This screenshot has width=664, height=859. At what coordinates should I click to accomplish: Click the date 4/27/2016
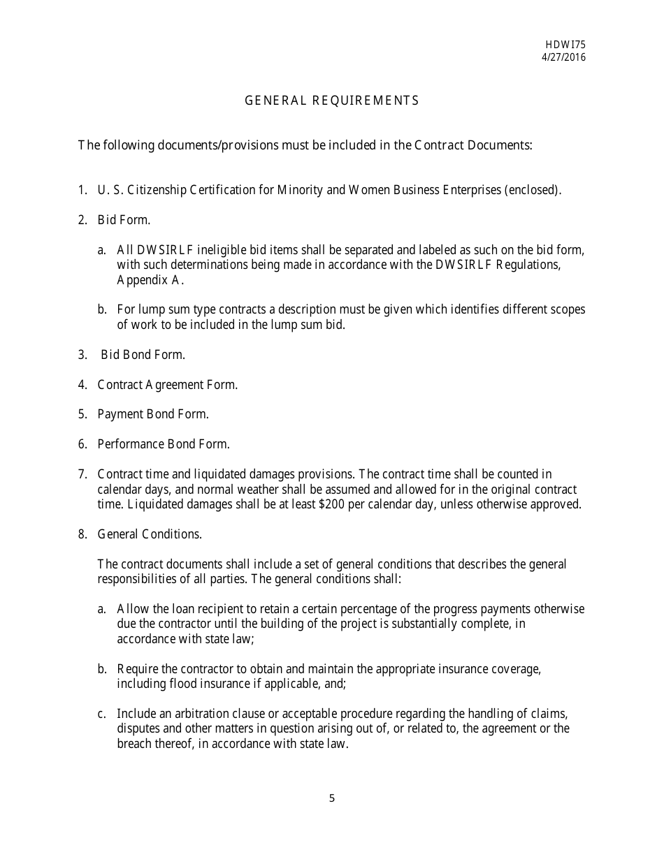coord(563,57)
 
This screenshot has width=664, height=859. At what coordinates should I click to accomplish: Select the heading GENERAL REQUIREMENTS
coord(331,101)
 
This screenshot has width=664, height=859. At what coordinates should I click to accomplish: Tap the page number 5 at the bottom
coord(331,799)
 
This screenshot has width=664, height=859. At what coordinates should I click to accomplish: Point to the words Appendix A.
coord(150,281)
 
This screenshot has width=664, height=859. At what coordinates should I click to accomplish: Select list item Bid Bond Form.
coord(143,355)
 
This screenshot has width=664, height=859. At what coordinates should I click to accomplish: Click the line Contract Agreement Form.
coord(167,385)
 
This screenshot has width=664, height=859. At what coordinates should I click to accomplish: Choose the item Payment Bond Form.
coord(152,414)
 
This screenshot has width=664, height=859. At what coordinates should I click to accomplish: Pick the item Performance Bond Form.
coord(163,444)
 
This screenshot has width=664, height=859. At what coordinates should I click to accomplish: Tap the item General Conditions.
coord(150,534)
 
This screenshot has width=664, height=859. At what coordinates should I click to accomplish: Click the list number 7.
coord(82,474)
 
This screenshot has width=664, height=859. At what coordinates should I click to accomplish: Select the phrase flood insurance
coord(200,684)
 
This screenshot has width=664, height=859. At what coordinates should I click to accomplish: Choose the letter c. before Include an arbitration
coord(102,714)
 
